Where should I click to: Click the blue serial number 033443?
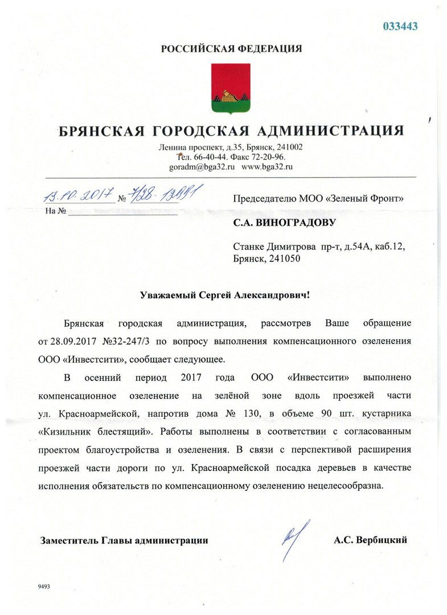point(400,26)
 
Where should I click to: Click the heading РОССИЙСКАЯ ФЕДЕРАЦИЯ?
point(231,49)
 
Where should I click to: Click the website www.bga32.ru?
point(267,167)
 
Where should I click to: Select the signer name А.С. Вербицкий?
point(371,540)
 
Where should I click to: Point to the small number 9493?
point(44,585)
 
